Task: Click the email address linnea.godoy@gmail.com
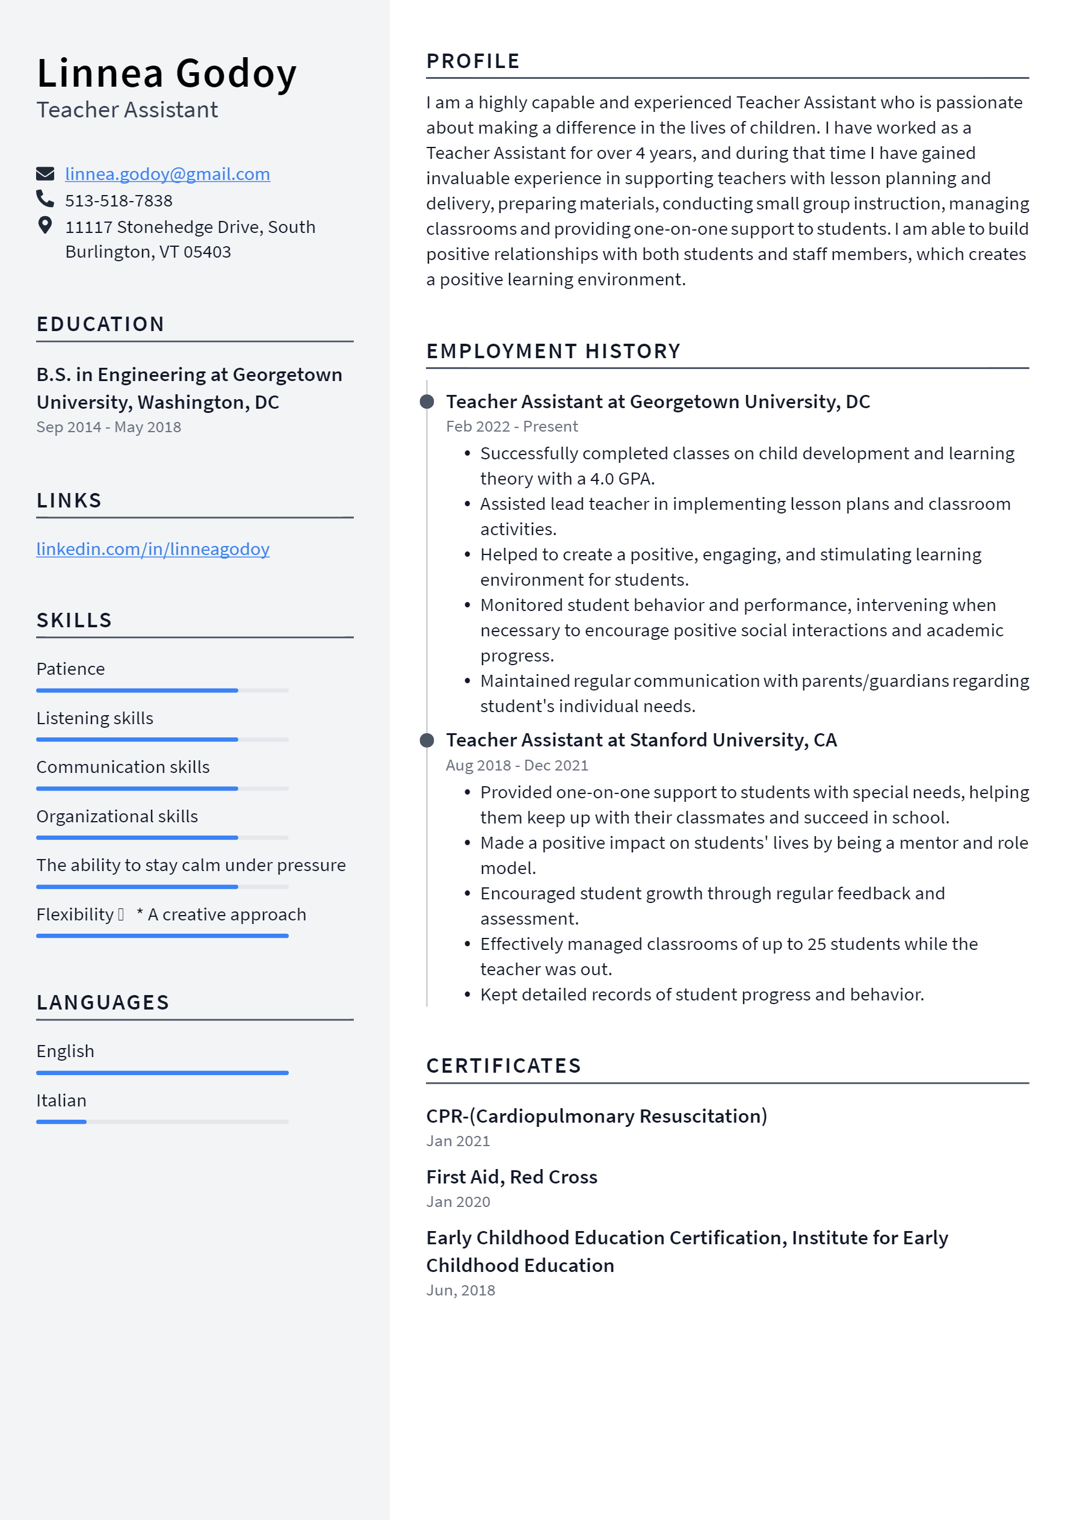coord(167,174)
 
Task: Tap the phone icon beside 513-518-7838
coord(45,199)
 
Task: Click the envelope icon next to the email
coord(45,174)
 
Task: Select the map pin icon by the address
coord(45,226)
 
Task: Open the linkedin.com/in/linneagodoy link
coord(153,549)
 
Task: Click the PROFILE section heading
coord(473,61)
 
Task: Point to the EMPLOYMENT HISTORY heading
coord(553,351)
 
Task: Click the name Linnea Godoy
coord(167,73)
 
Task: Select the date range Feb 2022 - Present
coord(511,426)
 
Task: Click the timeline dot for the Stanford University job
coord(427,740)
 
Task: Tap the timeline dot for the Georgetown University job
coord(427,402)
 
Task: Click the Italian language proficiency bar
coord(162,1121)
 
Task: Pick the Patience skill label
coord(71,669)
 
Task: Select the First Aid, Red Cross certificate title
coord(511,1176)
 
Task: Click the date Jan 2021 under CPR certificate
coord(458,1141)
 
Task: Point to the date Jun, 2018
coord(460,1289)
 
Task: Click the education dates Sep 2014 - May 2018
coord(108,427)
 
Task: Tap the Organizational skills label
coord(117,816)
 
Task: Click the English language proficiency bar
coord(162,1073)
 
